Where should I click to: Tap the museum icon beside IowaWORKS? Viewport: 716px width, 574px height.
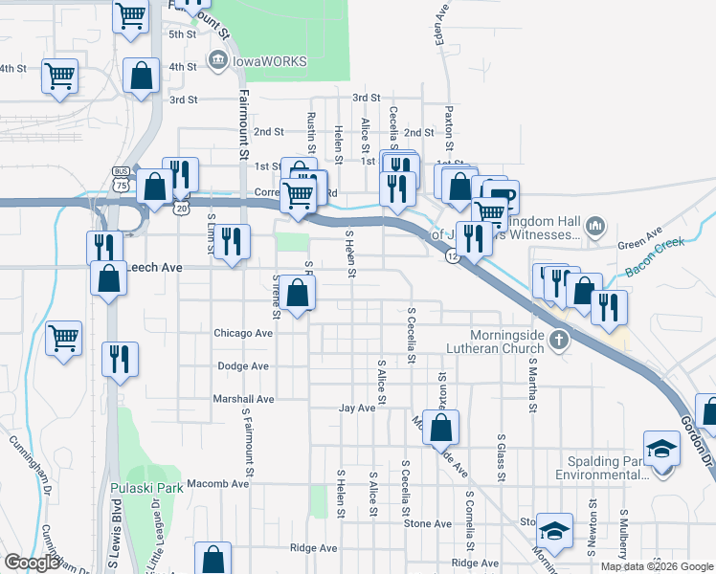pos(217,61)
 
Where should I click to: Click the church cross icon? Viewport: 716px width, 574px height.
pos(558,339)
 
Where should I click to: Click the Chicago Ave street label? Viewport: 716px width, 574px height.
pos(244,334)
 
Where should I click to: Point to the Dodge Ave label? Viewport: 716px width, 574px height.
pos(244,366)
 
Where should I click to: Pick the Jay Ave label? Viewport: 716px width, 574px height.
pos(357,408)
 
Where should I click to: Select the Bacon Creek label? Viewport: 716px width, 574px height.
pos(656,258)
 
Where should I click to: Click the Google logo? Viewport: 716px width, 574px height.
pos(32,563)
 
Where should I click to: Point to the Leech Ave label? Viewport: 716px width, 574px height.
pos(154,269)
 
